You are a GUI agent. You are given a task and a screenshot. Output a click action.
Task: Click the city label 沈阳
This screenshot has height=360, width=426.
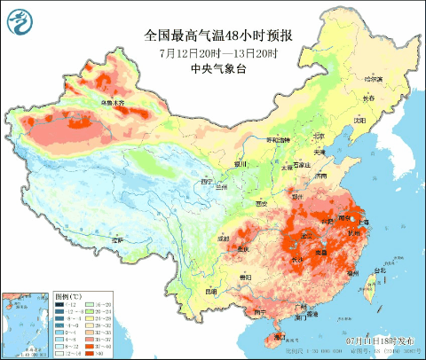359,120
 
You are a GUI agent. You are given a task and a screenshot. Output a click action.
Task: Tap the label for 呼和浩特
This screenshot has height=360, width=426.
279,140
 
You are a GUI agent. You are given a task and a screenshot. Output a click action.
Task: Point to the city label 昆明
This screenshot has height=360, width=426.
210,291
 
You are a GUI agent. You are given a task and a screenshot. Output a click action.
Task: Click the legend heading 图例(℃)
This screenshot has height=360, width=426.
67,293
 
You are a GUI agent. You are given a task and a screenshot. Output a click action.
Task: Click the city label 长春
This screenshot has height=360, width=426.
367,98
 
